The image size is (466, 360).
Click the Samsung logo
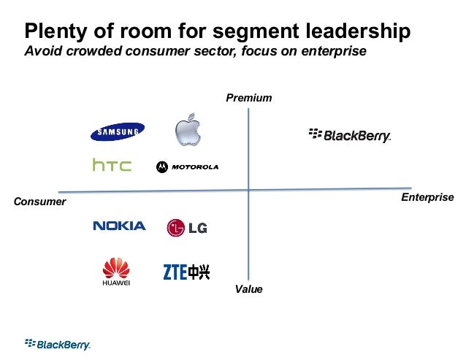[x=117, y=131]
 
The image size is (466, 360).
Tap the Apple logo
[x=187, y=130]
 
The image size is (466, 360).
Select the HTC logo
[x=112, y=166]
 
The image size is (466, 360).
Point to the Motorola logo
[x=187, y=166]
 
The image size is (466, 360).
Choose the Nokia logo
[x=119, y=226]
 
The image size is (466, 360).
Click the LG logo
[x=187, y=228]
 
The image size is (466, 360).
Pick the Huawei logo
[x=115, y=272]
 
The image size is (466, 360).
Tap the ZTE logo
[x=186, y=272]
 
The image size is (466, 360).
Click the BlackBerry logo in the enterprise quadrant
[x=350, y=135]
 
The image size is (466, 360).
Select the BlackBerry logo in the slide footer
[x=58, y=344]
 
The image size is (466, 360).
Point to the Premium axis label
[x=248, y=98]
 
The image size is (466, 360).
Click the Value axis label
[x=248, y=290]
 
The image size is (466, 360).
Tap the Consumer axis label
[x=40, y=201]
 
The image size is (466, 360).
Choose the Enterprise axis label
[x=428, y=198]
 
